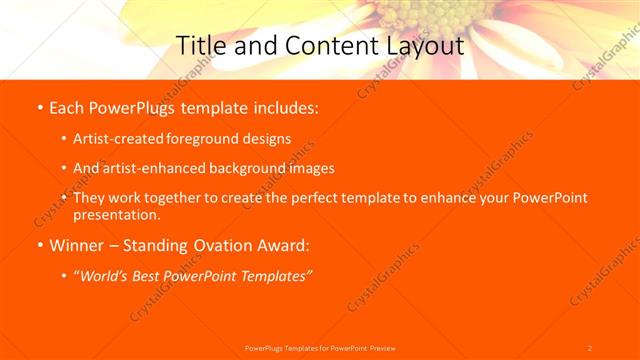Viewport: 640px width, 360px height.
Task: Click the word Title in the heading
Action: coord(200,45)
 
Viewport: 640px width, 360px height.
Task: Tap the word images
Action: coord(305,168)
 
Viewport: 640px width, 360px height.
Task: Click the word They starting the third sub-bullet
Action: coord(90,198)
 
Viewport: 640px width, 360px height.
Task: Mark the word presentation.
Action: coord(117,214)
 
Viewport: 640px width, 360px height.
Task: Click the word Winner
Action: coord(77,245)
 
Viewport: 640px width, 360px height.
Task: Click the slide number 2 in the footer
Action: coord(589,347)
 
